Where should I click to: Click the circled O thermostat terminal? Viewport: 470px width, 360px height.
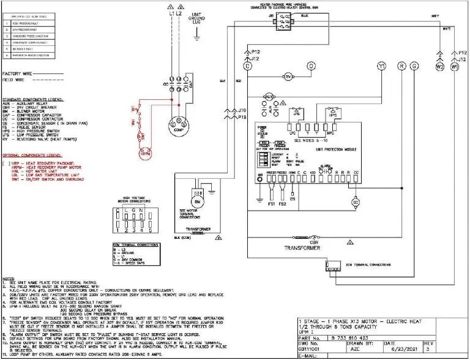pyautogui.click(x=311, y=66)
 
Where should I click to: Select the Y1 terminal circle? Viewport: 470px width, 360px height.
pyautogui.click(x=382, y=66)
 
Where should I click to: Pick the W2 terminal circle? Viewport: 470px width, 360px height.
pyautogui.click(x=439, y=67)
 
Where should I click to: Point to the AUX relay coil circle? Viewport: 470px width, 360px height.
pyautogui.click(x=267, y=97)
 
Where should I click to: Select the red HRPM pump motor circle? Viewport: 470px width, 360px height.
pyautogui.click(x=144, y=154)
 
